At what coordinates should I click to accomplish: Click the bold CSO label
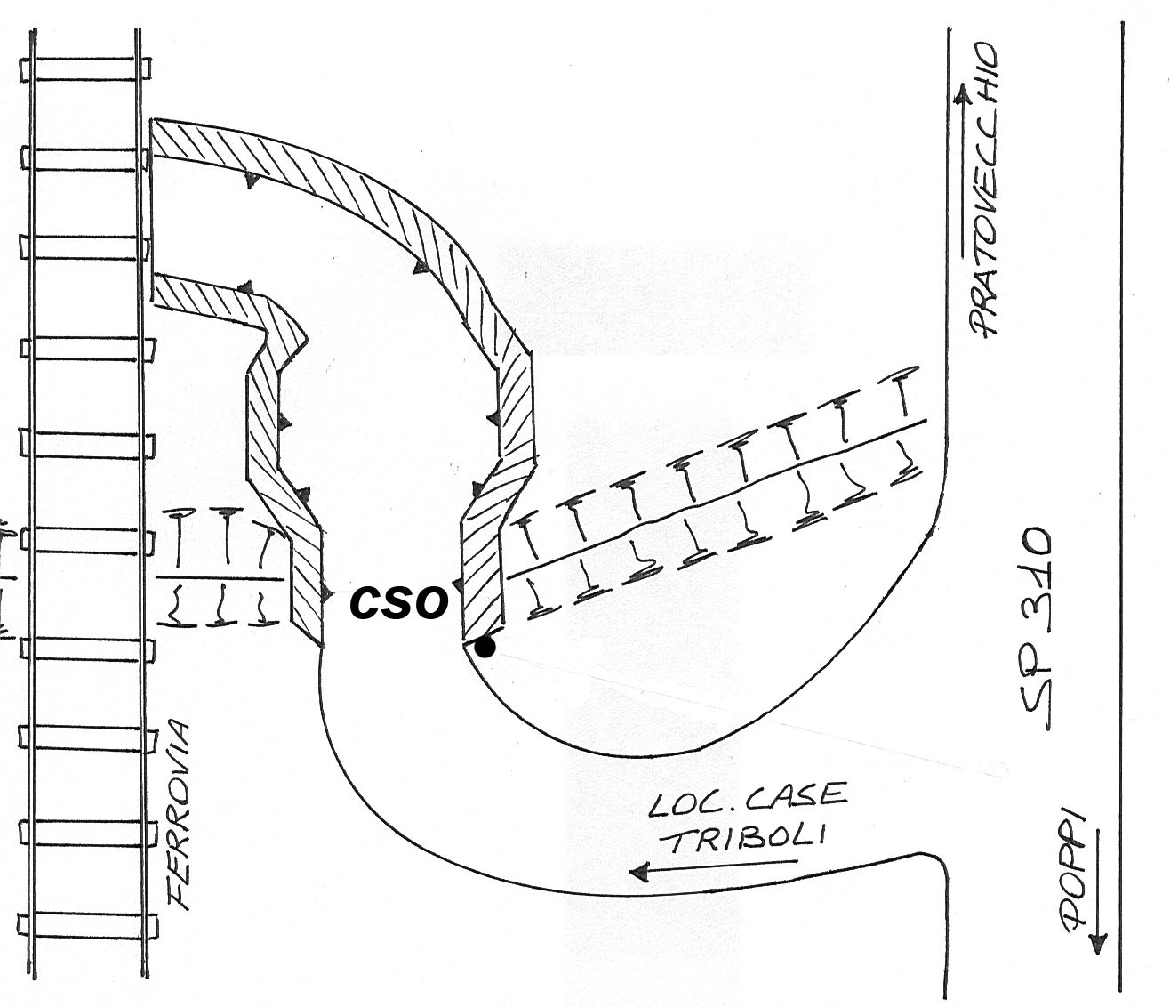point(398,602)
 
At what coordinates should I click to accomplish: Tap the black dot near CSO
point(485,647)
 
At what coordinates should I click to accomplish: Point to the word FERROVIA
point(179,816)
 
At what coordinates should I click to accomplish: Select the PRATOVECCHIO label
point(983,189)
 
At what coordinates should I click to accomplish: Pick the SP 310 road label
point(1037,629)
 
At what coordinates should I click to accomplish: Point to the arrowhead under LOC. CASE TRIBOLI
point(639,872)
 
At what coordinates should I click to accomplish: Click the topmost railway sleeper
point(85,69)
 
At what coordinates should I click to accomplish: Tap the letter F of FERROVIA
point(180,898)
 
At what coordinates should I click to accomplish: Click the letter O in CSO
point(431,602)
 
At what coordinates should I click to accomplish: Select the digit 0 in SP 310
point(1037,544)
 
